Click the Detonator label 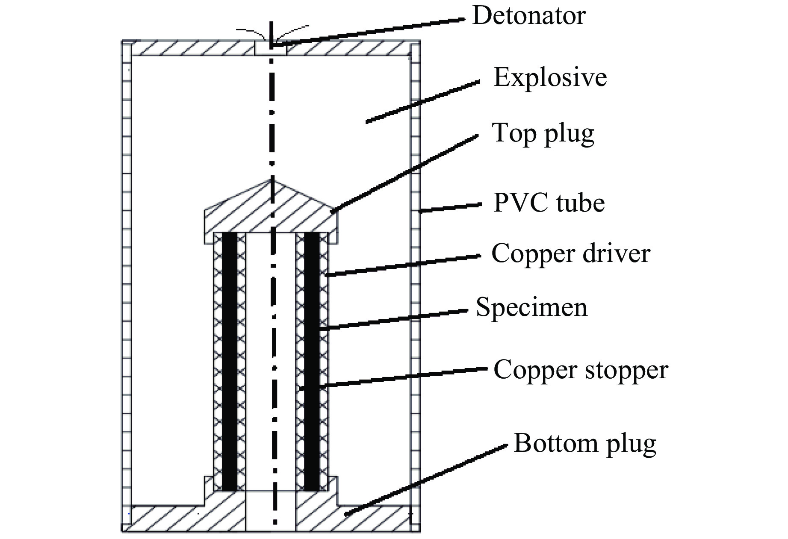click(x=528, y=16)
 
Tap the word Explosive click(x=550, y=78)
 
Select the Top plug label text click(x=543, y=133)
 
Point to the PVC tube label click(x=549, y=203)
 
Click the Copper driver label click(x=570, y=253)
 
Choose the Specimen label click(x=531, y=307)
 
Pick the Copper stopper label click(x=580, y=370)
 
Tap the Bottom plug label click(x=584, y=443)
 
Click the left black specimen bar click(x=229, y=361)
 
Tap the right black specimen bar click(x=311, y=361)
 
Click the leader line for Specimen click(x=393, y=320)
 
